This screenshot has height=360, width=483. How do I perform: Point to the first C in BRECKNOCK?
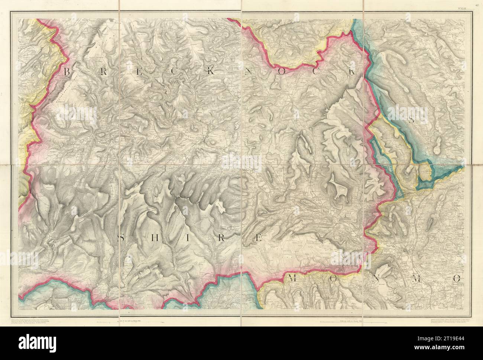[174, 73]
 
